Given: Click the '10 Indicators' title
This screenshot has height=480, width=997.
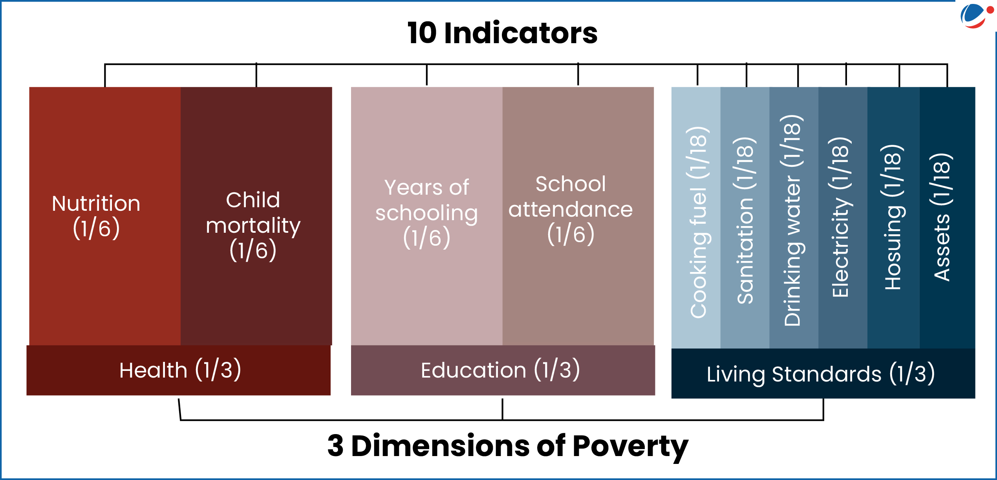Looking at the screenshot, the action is click(502, 33).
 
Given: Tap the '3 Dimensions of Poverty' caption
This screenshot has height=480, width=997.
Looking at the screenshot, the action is click(508, 446).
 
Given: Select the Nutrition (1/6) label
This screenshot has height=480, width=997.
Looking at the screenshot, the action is click(96, 216).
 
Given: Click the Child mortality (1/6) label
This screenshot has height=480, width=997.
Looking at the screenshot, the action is click(253, 226).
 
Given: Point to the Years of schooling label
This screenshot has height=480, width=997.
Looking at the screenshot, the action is click(427, 213).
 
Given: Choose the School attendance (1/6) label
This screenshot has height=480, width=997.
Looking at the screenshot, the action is click(571, 210).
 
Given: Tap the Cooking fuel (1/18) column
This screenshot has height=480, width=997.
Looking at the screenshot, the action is click(696, 217).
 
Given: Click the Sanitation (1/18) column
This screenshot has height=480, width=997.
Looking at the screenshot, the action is click(745, 217).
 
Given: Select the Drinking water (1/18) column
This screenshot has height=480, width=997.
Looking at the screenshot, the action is click(794, 217).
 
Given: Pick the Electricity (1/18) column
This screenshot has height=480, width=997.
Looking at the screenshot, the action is click(843, 217).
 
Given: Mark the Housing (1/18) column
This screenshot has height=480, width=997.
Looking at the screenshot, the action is click(894, 217).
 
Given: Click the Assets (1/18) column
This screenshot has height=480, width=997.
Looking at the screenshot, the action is click(948, 217).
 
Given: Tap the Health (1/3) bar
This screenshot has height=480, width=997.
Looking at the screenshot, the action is click(179, 370).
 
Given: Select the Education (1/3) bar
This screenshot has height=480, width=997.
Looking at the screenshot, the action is click(503, 370).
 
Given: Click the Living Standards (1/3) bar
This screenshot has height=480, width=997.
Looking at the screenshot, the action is click(823, 373).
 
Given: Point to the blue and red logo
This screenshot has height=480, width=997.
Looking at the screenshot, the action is click(977, 16).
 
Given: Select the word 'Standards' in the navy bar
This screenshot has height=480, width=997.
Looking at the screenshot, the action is click(827, 374).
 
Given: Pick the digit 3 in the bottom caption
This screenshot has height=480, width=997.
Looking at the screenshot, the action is click(335, 446).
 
